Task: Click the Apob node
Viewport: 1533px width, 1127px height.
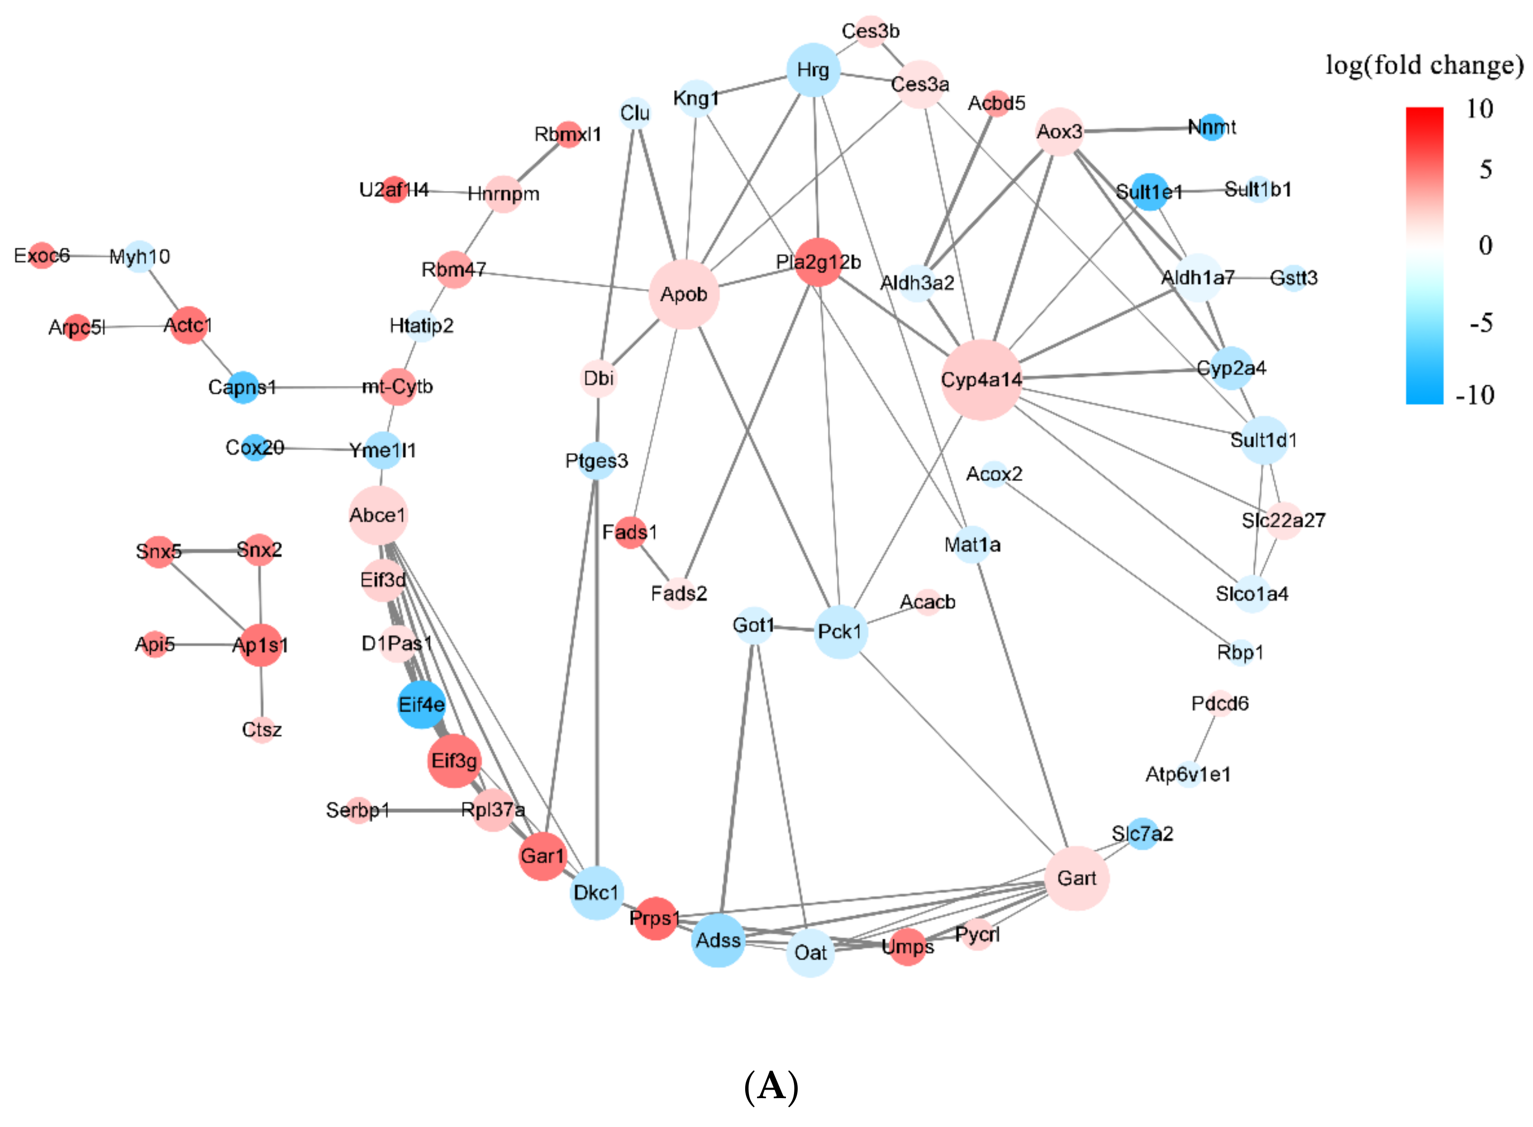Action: [683, 294]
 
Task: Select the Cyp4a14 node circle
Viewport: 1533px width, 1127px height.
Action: [981, 379]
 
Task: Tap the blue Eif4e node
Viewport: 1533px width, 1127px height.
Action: [421, 704]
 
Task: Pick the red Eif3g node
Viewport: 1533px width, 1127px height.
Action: [454, 760]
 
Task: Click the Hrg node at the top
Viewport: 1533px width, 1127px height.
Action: [813, 70]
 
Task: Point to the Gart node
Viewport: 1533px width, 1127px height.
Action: [1076, 878]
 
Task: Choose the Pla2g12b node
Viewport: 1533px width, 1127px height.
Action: [818, 262]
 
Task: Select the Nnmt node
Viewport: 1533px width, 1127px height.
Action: [1211, 127]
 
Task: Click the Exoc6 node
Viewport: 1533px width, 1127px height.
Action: [42, 255]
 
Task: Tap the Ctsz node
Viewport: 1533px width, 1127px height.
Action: [262, 729]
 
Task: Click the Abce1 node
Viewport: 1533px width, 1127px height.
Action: [378, 515]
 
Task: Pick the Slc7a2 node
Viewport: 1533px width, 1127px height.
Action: [1143, 833]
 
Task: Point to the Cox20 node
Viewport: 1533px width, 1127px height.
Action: [254, 447]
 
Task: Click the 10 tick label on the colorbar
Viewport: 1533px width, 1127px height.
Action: [1480, 108]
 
